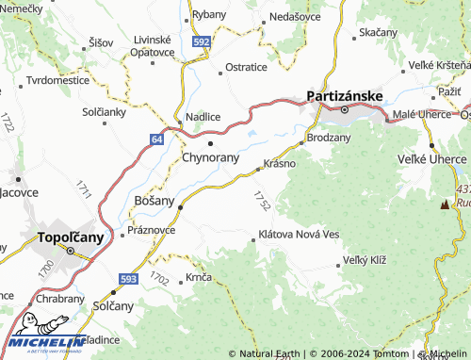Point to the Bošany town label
click(154, 201)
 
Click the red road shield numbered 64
click(154, 139)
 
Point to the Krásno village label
click(280, 162)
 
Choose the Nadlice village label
click(203, 116)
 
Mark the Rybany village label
click(207, 15)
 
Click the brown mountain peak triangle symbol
click(446, 203)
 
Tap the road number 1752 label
click(262, 200)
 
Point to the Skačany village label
click(377, 32)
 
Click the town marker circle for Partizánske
click(344, 110)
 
